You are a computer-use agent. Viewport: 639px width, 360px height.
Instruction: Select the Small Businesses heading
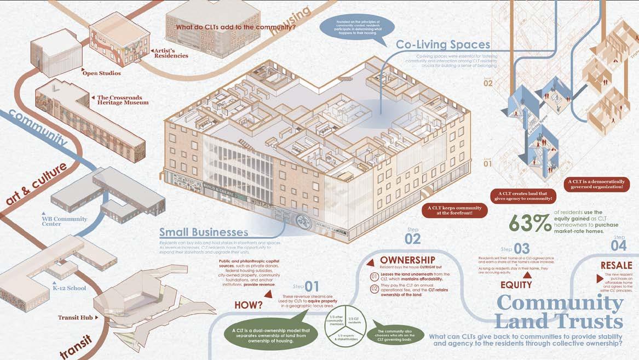(204, 232)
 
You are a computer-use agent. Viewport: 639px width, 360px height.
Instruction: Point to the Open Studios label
(101, 73)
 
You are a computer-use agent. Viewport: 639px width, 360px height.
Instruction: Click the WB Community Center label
(65, 222)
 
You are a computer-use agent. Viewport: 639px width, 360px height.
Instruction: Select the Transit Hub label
(77, 317)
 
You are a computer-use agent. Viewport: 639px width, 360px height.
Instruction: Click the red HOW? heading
(249, 305)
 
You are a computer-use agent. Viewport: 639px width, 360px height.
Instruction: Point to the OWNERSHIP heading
(407, 260)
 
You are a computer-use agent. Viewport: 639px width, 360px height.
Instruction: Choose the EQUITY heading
(516, 285)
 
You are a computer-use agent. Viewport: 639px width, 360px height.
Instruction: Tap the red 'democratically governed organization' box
(595, 184)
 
